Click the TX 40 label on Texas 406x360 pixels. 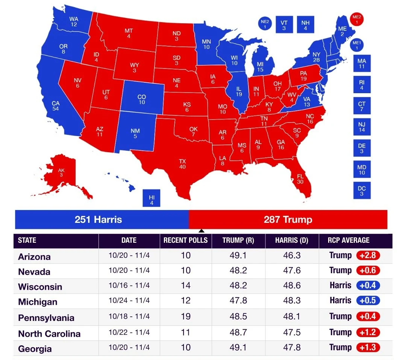(182, 164)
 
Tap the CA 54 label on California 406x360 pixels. (56, 106)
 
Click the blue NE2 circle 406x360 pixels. (265, 24)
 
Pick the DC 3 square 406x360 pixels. (362, 191)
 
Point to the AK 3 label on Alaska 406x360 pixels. (61, 172)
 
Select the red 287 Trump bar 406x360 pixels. (288, 219)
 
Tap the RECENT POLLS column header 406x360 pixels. (185, 241)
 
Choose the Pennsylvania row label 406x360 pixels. (46, 318)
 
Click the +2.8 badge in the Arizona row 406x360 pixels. (368, 256)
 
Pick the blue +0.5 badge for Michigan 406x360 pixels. (368, 301)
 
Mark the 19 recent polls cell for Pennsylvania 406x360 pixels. (186, 316)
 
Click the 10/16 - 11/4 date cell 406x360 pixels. (129, 286)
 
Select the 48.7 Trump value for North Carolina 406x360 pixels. (238, 332)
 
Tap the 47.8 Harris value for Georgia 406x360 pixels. (292, 348)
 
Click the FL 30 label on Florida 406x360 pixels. (300, 179)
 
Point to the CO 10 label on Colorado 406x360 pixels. (142, 100)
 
